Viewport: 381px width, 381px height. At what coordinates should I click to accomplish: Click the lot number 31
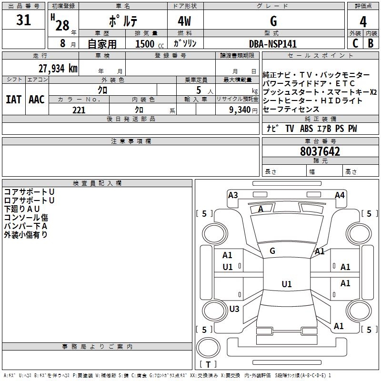click(23, 21)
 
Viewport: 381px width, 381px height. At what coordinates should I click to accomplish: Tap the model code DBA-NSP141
click(273, 44)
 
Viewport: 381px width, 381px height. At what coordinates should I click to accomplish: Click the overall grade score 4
click(363, 22)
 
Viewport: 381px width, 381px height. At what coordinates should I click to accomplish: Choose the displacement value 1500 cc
click(148, 44)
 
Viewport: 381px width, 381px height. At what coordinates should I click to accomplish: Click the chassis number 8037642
click(320, 152)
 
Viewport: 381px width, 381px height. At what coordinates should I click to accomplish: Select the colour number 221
click(79, 110)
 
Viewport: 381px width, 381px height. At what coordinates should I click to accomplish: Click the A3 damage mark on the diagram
click(233, 195)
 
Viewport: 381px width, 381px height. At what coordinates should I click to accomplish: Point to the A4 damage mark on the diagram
click(340, 195)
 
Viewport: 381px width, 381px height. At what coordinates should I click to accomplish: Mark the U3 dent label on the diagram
click(234, 309)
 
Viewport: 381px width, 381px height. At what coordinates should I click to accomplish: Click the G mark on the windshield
click(272, 251)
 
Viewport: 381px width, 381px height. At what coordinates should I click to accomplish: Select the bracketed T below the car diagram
click(208, 365)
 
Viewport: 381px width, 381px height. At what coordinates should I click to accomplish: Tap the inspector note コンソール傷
click(26, 218)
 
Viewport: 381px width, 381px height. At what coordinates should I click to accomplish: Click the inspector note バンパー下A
click(26, 226)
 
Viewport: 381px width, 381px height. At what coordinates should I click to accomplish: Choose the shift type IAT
click(13, 100)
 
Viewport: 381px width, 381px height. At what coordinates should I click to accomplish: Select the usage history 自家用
click(102, 44)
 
